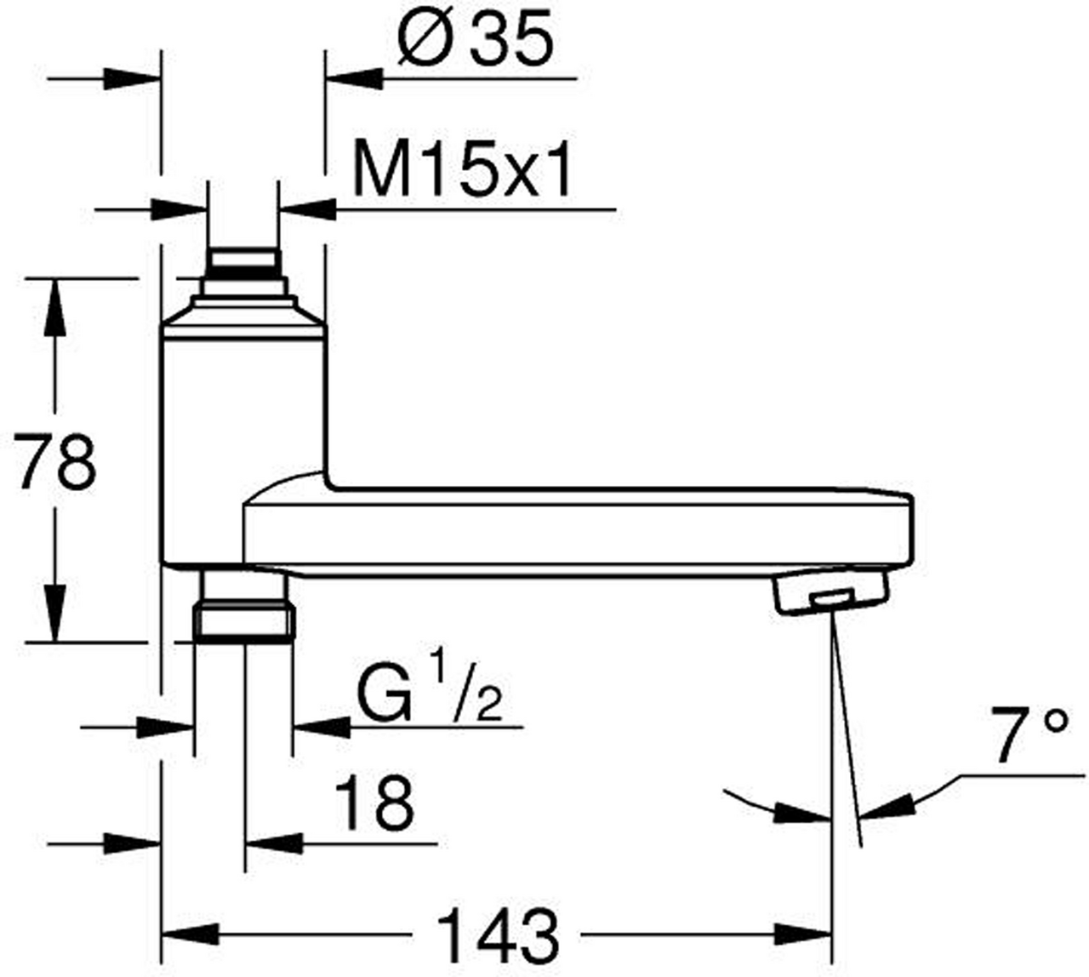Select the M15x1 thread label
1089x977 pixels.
pos(462,170)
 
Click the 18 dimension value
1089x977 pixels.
pos(374,803)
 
